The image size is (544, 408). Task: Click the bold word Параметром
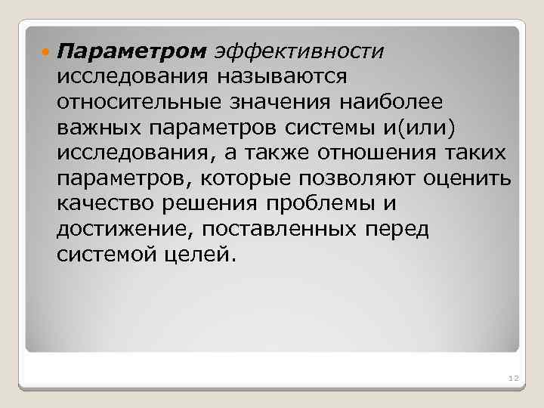point(131,51)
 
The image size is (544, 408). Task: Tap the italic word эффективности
point(298,51)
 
